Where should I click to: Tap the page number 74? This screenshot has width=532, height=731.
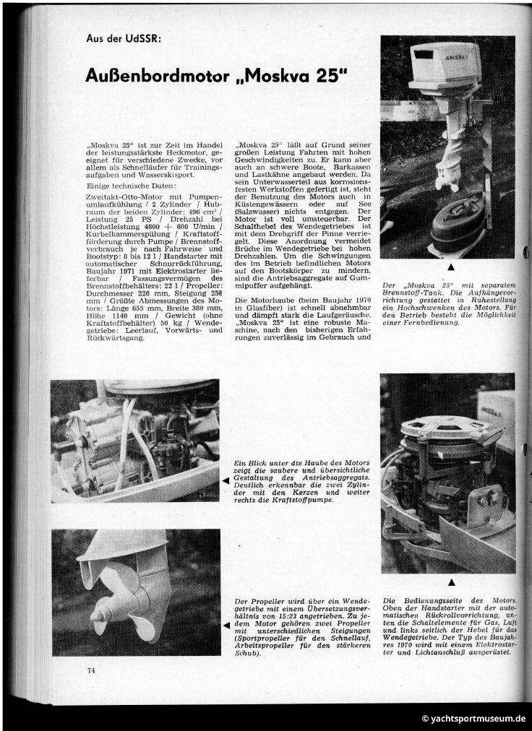[91, 670]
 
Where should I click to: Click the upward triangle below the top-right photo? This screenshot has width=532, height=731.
[451, 267]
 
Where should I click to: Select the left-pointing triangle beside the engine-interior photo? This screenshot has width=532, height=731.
[226, 480]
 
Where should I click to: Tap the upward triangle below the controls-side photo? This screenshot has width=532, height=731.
[451, 581]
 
